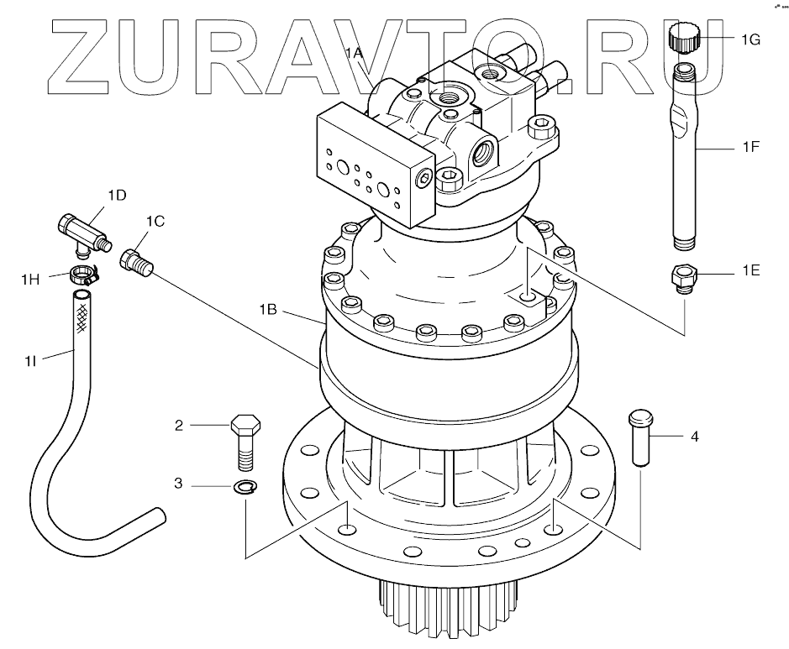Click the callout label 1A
pos(354,53)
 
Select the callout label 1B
pos(268,310)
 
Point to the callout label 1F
pos(750,147)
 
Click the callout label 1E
pos(750,272)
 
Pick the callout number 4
pos(694,437)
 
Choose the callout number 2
pos(178,426)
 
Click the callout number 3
pos(178,484)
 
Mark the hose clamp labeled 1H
pos(83,273)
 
